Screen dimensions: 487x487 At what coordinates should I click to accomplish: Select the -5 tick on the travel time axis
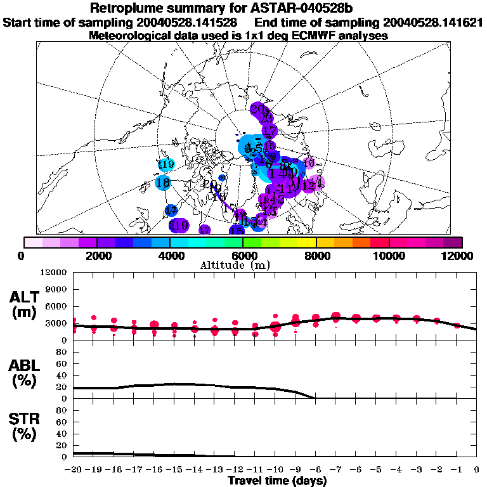click(376, 469)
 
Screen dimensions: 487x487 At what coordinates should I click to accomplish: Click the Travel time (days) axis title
click(277, 481)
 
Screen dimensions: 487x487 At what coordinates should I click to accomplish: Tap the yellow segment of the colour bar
click(307, 242)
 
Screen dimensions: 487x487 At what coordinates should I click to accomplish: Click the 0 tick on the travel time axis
click(476, 469)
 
